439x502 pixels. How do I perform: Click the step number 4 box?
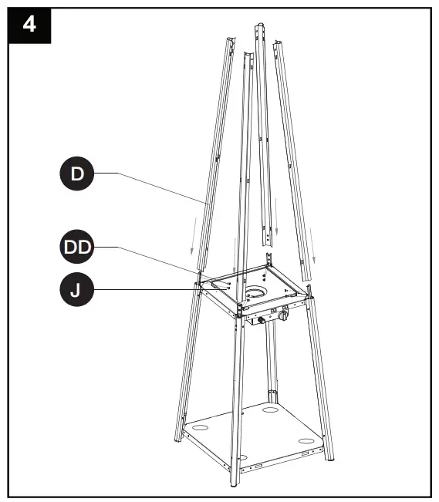[x=29, y=23]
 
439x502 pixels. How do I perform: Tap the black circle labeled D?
[x=76, y=174]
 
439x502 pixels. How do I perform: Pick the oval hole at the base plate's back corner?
[x=269, y=409]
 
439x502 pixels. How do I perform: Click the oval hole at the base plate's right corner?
[x=306, y=442]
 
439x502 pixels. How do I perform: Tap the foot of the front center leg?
[x=235, y=483]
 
